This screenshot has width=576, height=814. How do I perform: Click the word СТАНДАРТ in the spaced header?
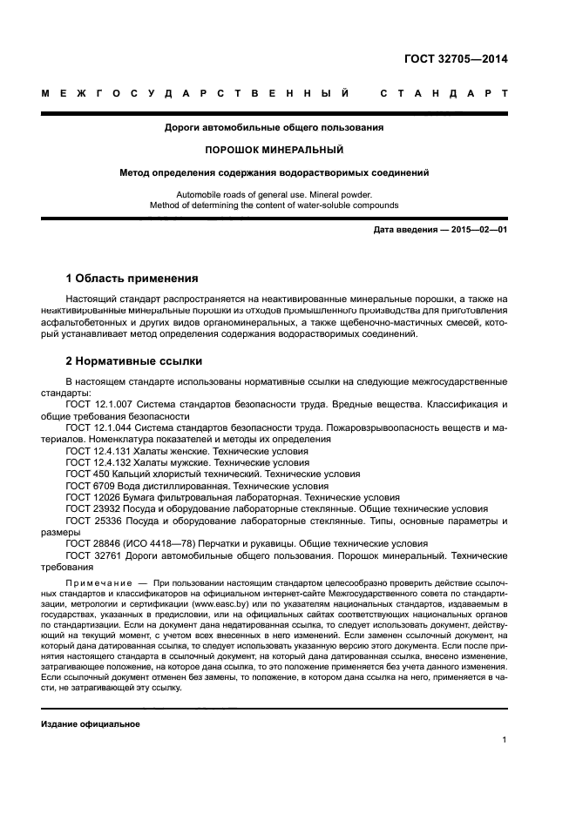click(x=444, y=92)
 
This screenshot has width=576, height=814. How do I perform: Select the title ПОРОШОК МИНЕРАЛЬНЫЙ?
click(x=274, y=149)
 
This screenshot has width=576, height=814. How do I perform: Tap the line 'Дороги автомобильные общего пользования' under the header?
click(x=274, y=127)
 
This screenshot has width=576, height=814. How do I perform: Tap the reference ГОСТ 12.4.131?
click(x=98, y=452)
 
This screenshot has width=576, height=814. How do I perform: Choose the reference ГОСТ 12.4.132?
click(x=98, y=463)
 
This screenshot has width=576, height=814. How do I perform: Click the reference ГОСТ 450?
click(x=87, y=474)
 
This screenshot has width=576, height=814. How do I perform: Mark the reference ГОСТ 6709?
click(x=90, y=486)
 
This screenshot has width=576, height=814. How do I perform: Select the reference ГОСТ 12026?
click(x=92, y=497)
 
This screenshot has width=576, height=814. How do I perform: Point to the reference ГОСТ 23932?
click(x=92, y=508)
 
